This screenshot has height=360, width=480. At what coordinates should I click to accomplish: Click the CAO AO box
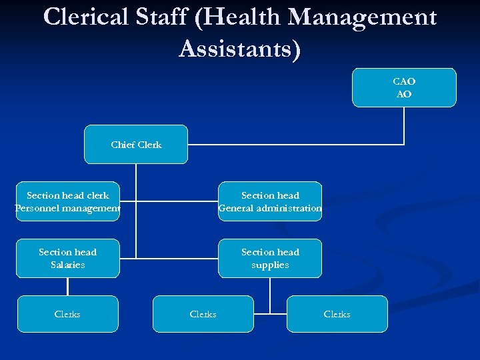point(404,87)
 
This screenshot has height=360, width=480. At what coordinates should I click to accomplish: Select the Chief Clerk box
point(136,144)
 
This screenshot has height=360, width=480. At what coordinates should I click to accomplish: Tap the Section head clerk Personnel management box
point(68,201)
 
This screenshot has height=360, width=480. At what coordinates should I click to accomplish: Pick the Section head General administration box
point(270,201)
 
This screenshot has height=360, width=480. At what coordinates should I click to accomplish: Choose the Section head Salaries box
point(68,258)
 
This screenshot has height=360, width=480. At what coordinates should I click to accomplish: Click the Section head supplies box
point(270,258)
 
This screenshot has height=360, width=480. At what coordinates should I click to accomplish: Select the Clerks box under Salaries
point(67,314)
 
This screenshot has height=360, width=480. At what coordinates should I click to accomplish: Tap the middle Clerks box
point(203,314)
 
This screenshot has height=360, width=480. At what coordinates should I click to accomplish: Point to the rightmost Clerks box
point(337,314)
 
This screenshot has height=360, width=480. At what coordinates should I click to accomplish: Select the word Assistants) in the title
point(240,49)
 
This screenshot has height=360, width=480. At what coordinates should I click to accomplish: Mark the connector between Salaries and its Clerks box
point(67,287)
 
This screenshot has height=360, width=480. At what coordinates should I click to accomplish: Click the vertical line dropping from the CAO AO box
point(404,125)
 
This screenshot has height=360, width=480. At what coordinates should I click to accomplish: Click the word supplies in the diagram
point(270,265)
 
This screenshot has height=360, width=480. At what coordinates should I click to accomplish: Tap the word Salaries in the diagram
point(68,265)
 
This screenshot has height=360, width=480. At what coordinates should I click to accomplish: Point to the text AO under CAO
point(404,94)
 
